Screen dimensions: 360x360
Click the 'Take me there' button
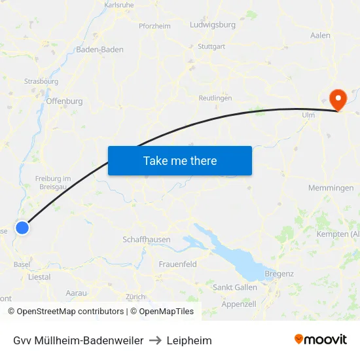point(180,160)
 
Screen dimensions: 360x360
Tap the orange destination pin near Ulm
point(338,100)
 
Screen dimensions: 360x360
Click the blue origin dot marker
point(22,228)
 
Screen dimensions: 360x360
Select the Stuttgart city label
point(211,46)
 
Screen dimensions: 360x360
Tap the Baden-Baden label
point(100,50)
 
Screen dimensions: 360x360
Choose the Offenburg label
point(65,101)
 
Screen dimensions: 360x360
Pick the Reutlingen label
point(215,98)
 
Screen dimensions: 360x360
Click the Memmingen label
point(331,188)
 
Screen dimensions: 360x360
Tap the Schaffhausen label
point(147,240)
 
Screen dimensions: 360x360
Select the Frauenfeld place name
point(178,264)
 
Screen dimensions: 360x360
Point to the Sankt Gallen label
point(235,287)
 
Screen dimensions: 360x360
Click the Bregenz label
point(279,274)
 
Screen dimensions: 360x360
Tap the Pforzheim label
point(154,26)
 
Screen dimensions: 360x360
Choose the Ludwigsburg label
point(212,25)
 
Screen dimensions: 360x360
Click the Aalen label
point(320,35)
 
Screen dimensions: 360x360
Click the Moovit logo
point(321,340)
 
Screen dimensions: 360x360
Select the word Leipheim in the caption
point(189,340)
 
